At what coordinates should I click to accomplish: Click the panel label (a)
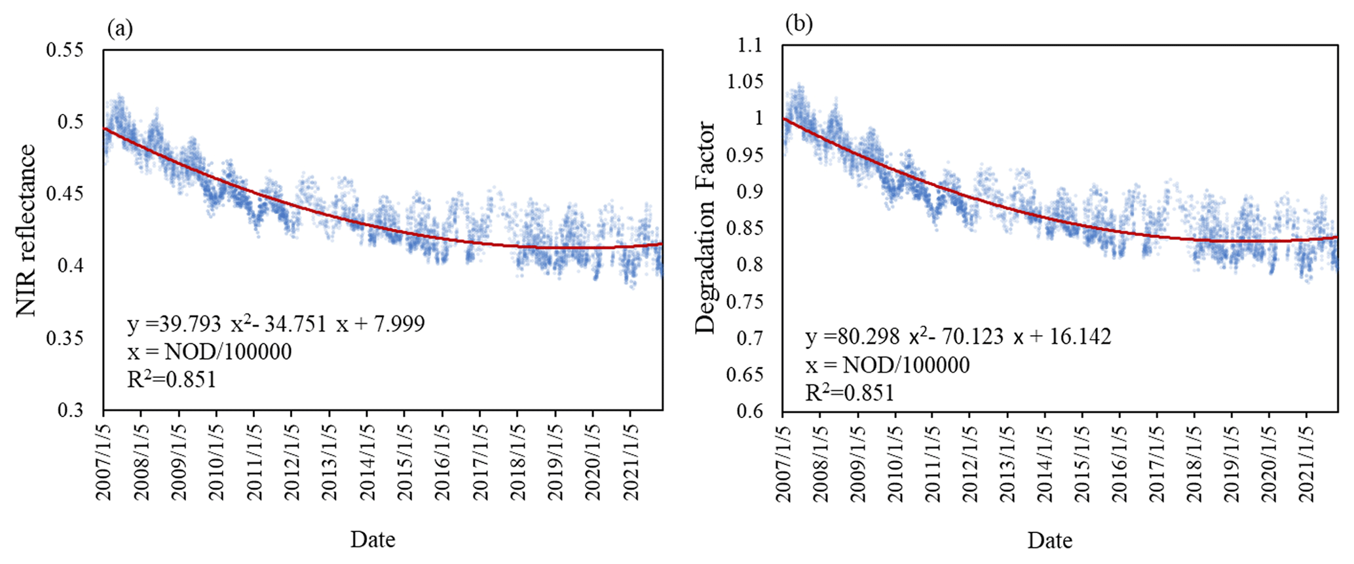pyautogui.click(x=120, y=29)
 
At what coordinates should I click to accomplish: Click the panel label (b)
pyautogui.click(x=799, y=24)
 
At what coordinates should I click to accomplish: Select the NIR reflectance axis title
pyautogui.click(x=26, y=231)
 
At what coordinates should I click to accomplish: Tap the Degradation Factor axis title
pyautogui.click(x=705, y=227)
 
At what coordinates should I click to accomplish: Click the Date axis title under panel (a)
pyautogui.click(x=373, y=539)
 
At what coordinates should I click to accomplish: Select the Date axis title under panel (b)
pyautogui.click(x=1050, y=540)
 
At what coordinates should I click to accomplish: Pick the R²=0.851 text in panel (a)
pyautogui.click(x=172, y=379)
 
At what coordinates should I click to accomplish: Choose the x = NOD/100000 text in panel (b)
pyautogui.click(x=888, y=365)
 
